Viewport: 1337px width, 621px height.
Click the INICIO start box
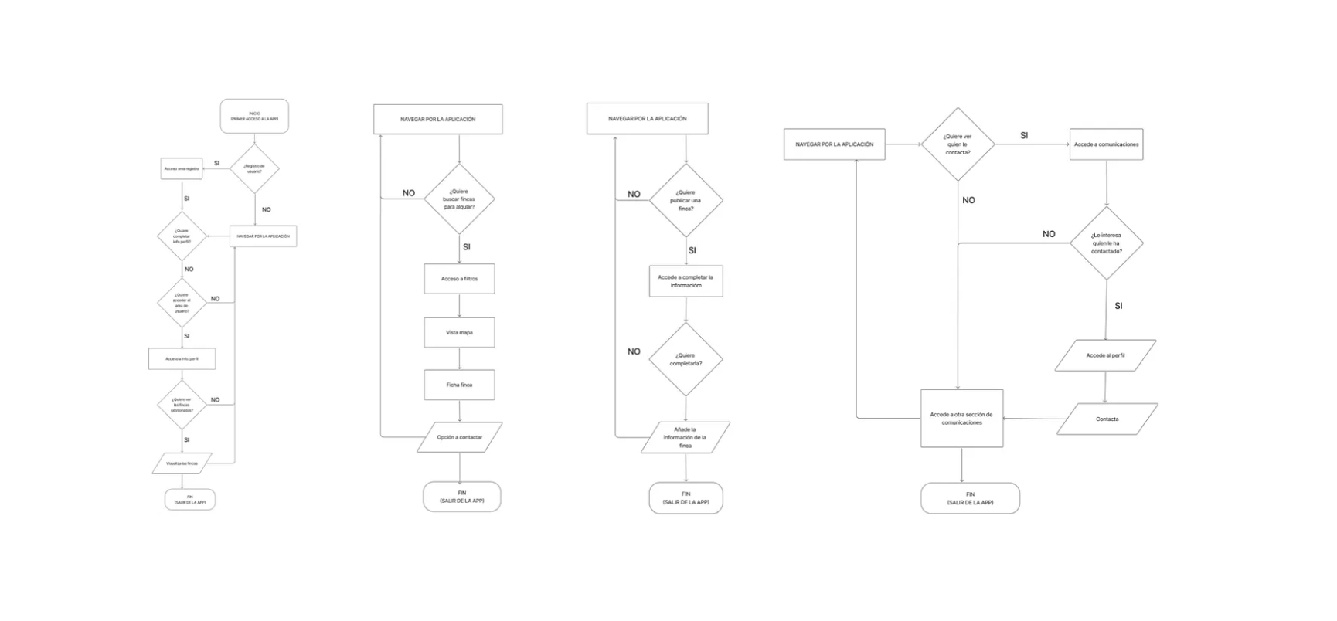[x=254, y=116]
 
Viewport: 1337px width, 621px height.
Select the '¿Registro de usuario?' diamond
[x=254, y=168]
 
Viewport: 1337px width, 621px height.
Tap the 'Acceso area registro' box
[x=182, y=168]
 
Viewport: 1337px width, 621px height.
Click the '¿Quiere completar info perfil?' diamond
[x=182, y=236]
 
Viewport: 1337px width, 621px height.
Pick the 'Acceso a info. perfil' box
[x=182, y=358]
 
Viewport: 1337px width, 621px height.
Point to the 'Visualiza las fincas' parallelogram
[x=182, y=463]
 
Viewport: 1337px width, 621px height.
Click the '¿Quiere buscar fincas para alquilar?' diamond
[x=459, y=199]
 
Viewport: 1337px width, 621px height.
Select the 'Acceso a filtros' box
[x=459, y=279]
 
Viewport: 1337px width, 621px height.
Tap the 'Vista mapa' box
[x=459, y=333]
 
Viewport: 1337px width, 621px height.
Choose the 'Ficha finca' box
[x=459, y=385]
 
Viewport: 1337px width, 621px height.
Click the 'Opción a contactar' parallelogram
[x=459, y=437]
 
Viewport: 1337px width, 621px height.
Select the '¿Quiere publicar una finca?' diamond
[x=686, y=201]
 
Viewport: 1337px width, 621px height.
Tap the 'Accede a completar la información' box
[x=686, y=281]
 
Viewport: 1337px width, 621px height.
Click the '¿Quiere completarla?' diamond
[x=686, y=360]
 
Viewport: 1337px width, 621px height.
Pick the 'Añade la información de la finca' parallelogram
[x=686, y=437]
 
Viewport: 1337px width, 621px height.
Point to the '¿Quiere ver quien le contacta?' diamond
[x=958, y=144]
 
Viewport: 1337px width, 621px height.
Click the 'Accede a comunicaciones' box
[x=1106, y=144]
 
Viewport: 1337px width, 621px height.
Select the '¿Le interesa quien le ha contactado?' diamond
[x=1106, y=243]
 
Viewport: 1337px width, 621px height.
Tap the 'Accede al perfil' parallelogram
[x=1105, y=355]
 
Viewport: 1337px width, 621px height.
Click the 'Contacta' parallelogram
[x=1107, y=419]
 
